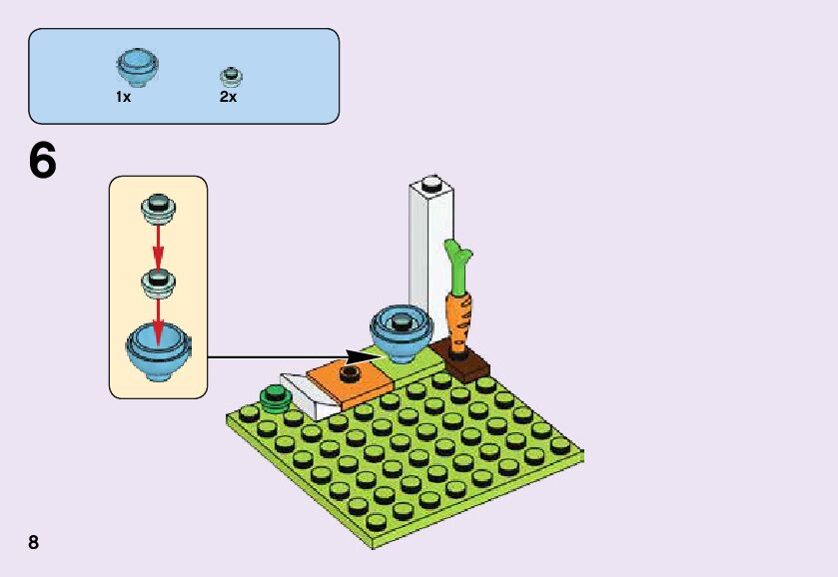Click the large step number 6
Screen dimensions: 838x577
43,161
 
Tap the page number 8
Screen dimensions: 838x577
34,542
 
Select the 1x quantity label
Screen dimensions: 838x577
124,98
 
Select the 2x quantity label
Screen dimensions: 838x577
228,98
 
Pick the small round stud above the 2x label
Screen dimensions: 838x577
232,76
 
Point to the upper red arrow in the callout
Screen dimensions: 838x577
157,241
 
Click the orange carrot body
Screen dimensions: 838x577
459,317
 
